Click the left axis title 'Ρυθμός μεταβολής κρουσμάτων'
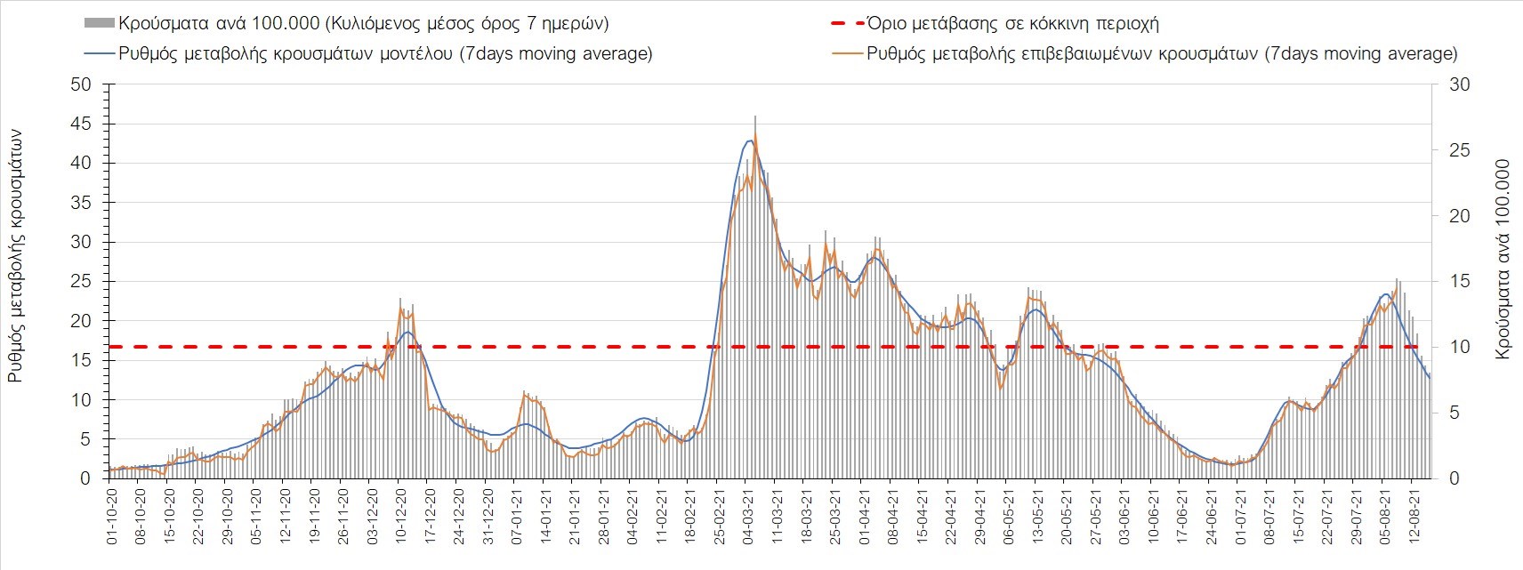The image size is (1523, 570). point(16,254)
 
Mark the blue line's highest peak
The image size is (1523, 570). point(750,140)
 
